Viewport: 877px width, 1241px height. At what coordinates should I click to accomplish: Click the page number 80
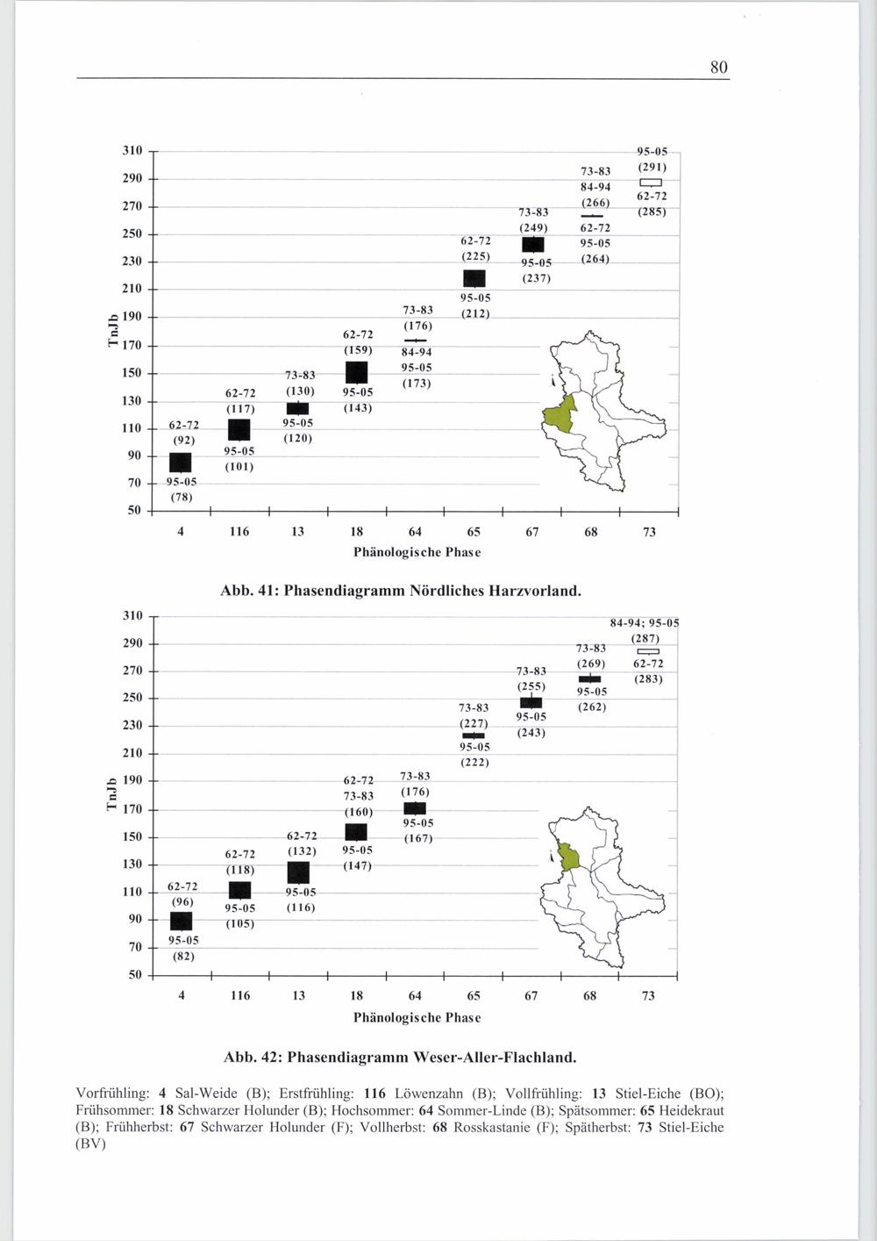tap(719, 68)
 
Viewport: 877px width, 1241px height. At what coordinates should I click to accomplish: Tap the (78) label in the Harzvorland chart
tap(181, 497)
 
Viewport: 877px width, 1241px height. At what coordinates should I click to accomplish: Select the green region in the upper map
tap(560, 414)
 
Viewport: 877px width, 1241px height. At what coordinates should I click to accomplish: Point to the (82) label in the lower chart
tap(182, 956)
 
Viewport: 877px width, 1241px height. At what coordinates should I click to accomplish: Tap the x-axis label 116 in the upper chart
tap(239, 532)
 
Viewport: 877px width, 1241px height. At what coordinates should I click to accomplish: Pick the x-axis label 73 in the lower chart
tap(648, 995)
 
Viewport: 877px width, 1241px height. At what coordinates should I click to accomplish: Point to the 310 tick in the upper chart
tap(132, 151)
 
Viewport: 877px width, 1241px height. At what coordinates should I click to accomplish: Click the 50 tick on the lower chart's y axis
tap(134, 974)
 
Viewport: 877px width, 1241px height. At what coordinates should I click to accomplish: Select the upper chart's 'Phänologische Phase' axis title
tap(417, 552)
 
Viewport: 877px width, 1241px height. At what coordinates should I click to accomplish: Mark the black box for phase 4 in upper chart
tap(181, 463)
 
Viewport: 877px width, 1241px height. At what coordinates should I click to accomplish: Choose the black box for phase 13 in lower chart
tap(298, 872)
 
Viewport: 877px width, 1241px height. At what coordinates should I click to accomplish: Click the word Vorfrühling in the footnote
tap(113, 1094)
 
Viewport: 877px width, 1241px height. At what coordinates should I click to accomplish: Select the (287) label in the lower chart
tap(645, 638)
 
